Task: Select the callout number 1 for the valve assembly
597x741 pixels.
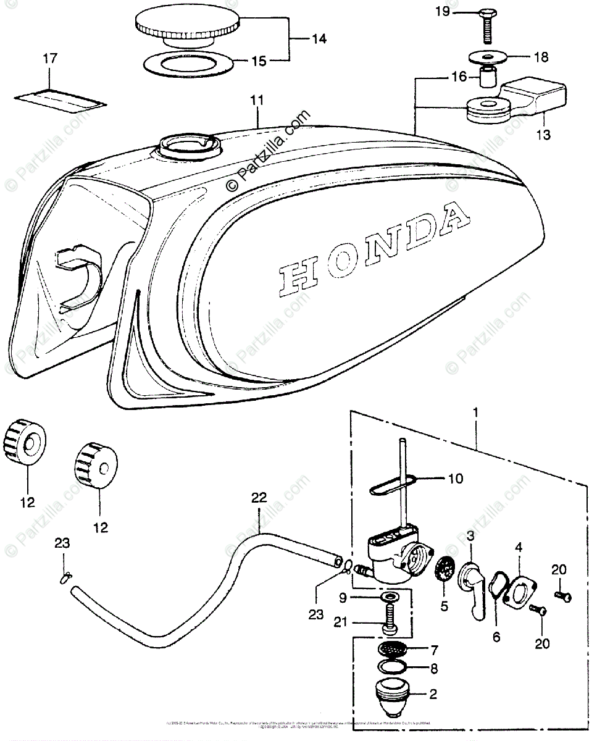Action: pyautogui.click(x=476, y=411)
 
